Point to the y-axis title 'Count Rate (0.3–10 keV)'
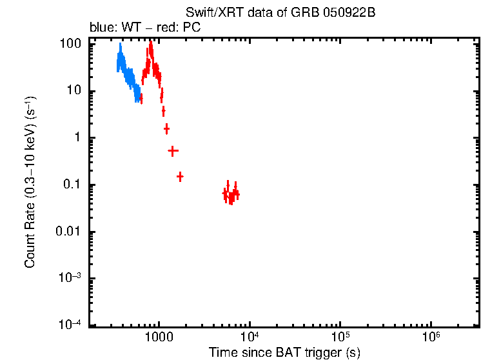30,183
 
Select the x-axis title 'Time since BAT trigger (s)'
284,353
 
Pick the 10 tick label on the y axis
74,91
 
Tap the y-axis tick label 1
77,138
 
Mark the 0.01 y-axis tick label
70,232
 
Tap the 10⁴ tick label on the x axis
249,336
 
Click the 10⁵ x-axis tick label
340,336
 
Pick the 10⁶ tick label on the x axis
431,336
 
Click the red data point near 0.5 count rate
173,150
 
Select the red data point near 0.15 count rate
180,176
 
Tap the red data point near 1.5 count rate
166,129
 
